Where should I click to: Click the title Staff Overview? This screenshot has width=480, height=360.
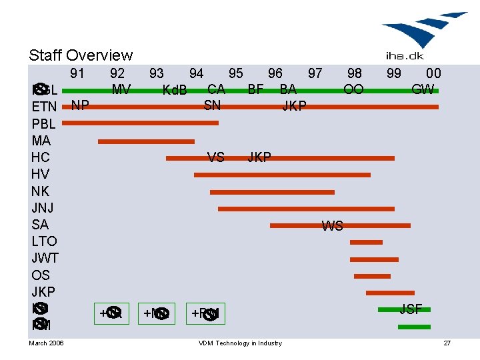[x=81, y=55]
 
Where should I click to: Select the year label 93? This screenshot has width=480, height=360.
[x=157, y=73]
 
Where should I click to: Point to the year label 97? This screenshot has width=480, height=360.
[x=315, y=73]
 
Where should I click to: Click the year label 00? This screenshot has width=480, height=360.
[x=433, y=73]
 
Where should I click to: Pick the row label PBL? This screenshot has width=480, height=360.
[x=44, y=124]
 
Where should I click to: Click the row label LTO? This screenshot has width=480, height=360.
[x=45, y=241]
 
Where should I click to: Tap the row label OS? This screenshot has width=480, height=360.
[x=41, y=275]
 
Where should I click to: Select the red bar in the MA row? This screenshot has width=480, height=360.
[x=146, y=141]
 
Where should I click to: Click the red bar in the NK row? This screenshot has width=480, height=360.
[x=272, y=192]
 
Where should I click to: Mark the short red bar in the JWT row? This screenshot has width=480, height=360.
[x=373, y=259]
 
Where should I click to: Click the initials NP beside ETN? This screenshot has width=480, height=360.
[x=81, y=105]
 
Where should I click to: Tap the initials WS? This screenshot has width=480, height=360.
[x=332, y=226]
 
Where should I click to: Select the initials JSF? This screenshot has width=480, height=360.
[x=411, y=309]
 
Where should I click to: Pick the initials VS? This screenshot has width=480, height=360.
[x=215, y=158]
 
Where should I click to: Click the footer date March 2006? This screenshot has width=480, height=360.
[x=47, y=343]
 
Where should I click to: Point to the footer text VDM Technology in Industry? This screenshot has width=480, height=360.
[x=240, y=343]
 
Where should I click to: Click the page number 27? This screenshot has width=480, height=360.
[x=447, y=343]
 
